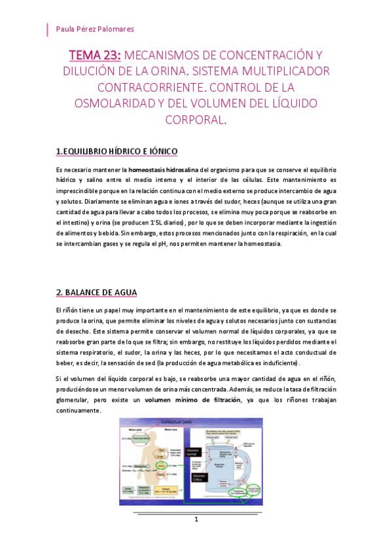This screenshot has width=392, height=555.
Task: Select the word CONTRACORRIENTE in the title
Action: [x=151, y=87]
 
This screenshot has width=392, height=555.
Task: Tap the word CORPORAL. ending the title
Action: [x=196, y=120]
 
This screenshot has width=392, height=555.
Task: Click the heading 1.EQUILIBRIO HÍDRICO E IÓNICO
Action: [x=116, y=152]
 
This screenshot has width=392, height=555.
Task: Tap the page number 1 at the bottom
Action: [x=196, y=518]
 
